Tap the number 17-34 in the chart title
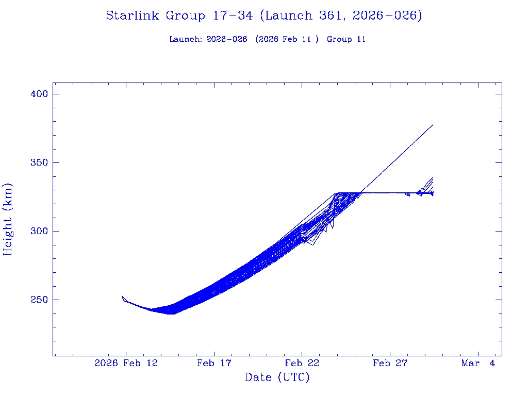pos(233,15)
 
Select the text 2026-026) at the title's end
pos(388,15)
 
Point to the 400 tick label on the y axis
pos(39,94)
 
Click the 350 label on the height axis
pos(39,162)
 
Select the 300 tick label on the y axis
pos(39,231)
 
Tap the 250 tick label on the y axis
pos(39,300)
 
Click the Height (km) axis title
pos(8,219)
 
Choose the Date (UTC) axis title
pos(277,377)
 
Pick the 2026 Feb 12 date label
pos(126,364)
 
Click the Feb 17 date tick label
pos(214,364)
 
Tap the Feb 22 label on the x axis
pos(302,364)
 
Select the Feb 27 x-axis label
pos(390,364)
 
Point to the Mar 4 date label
pos(478,364)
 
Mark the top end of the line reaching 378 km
pos(433,125)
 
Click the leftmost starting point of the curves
pos(122,296)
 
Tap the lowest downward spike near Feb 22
pos(312,245)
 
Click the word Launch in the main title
pos(287,15)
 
